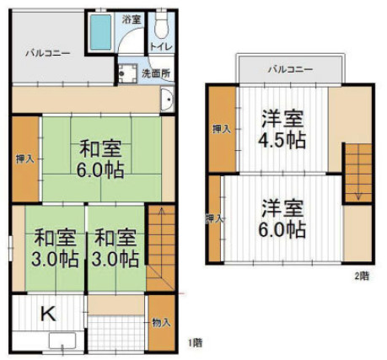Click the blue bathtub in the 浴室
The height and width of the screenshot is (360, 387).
(x=100, y=32)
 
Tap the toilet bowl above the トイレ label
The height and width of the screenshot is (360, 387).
(x=161, y=25)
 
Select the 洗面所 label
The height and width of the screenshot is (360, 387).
(x=156, y=73)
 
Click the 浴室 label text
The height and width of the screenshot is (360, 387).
(x=132, y=19)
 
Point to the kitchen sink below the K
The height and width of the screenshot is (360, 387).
(x=62, y=341)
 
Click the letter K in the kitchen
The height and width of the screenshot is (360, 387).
(x=48, y=314)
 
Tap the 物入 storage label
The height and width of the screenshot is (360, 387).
(x=161, y=322)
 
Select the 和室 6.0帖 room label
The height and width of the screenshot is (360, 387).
(x=100, y=159)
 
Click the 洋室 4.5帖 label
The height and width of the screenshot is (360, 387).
(x=282, y=129)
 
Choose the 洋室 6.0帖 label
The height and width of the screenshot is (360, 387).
(x=282, y=218)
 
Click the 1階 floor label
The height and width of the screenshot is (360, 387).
(x=195, y=342)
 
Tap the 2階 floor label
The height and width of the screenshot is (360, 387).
(x=362, y=277)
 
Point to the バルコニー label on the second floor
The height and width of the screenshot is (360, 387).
(x=290, y=69)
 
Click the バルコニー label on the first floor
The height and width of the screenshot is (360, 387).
(x=48, y=53)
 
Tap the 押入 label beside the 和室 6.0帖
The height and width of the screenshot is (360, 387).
(x=25, y=159)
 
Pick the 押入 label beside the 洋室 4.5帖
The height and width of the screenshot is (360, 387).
(x=222, y=129)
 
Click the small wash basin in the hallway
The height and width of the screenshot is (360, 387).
(x=167, y=99)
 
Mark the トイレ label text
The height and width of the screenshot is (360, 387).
(x=161, y=46)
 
